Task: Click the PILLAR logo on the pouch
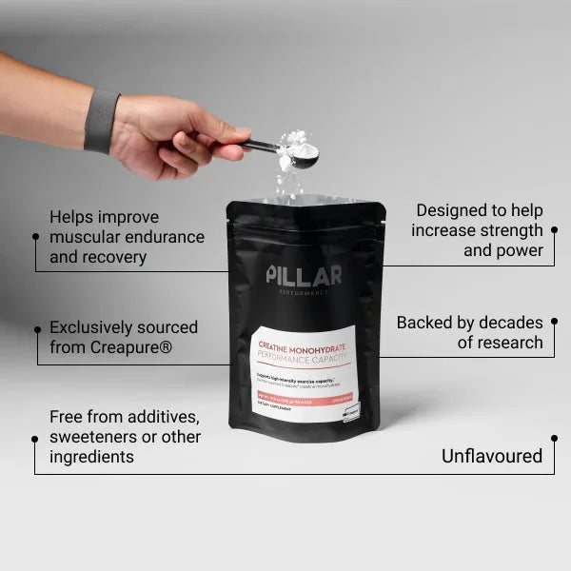[304, 277]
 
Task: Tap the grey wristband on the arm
[101, 121]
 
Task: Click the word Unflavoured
[491, 456]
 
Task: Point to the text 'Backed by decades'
[469, 323]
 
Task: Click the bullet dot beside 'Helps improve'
[36, 236]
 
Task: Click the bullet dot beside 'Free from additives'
[36, 437]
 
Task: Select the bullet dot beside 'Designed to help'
[554, 229]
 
